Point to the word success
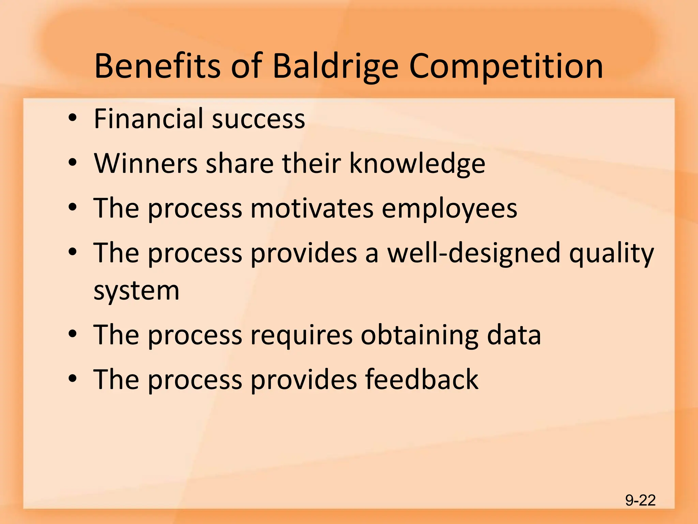(258, 119)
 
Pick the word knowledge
(417, 164)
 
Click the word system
(136, 291)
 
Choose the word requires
(302, 336)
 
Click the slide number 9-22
(640, 500)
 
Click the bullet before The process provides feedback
(72, 379)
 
